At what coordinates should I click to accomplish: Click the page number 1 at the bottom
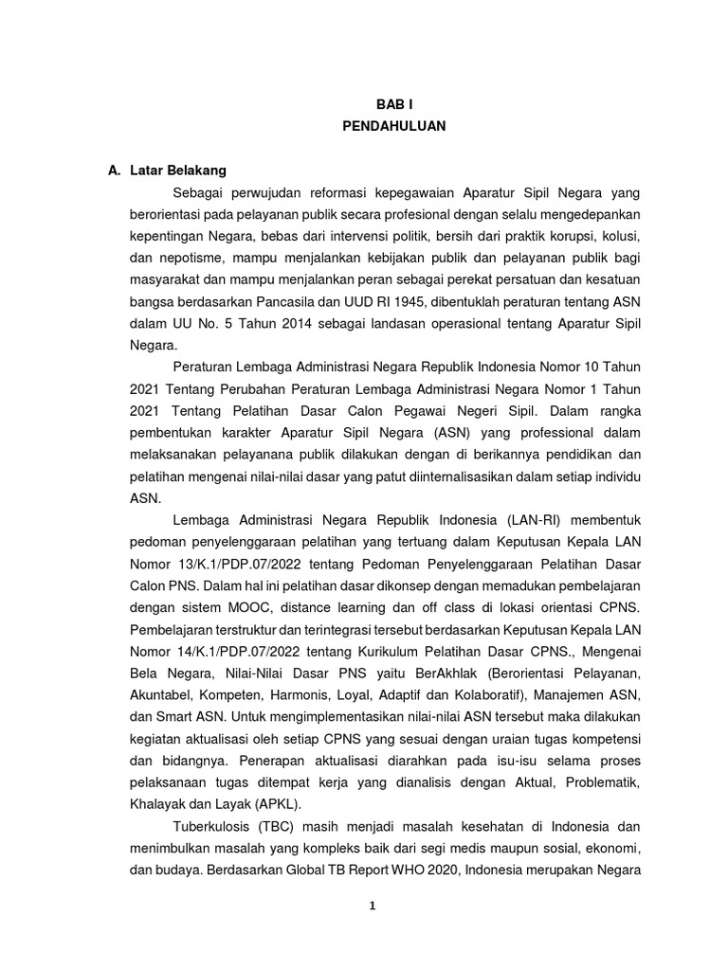[x=373, y=906]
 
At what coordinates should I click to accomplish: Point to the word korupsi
[x=561, y=233]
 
